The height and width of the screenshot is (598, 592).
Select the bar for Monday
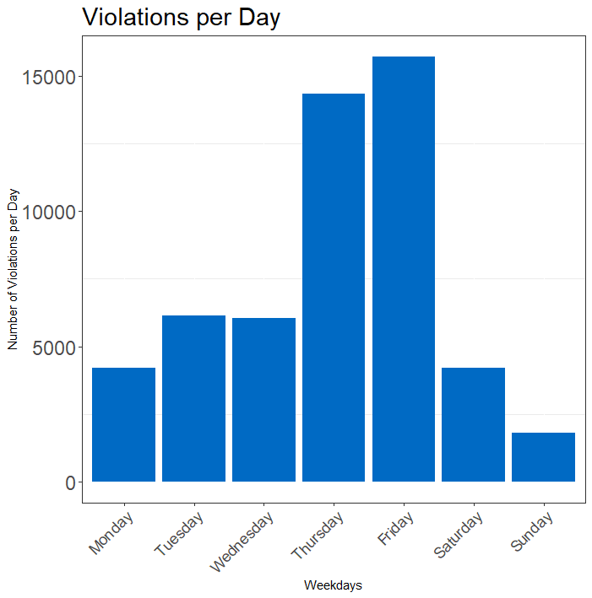(x=124, y=424)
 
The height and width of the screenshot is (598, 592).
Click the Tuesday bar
(x=193, y=399)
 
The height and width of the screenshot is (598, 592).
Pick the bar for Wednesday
(x=264, y=400)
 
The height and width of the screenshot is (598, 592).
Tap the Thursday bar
(x=334, y=288)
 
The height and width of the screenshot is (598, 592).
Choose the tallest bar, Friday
(x=404, y=269)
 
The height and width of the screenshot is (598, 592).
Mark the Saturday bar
(x=473, y=424)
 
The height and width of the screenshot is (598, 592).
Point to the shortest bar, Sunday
(x=544, y=457)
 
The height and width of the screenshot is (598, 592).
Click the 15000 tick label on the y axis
(x=49, y=78)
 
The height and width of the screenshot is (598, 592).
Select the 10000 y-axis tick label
(x=49, y=213)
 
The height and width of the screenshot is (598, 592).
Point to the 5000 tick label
(x=54, y=347)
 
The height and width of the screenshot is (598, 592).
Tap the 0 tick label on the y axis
(x=71, y=483)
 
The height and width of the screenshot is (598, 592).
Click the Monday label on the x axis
(x=111, y=533)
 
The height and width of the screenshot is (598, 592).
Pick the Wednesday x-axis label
(x=242, y=541)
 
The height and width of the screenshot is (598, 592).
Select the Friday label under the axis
(x=396, y=528)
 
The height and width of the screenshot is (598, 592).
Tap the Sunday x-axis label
(x=532, y=531)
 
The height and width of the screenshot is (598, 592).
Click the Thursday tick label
(x=318, y=536)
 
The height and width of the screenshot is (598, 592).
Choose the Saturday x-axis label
(x=459, y=535)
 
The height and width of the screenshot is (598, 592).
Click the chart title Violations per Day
(x=181, y=17)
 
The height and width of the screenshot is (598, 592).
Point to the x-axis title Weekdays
(x=333, y=585)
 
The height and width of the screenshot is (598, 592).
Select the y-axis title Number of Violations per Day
(x=13, y=269)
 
